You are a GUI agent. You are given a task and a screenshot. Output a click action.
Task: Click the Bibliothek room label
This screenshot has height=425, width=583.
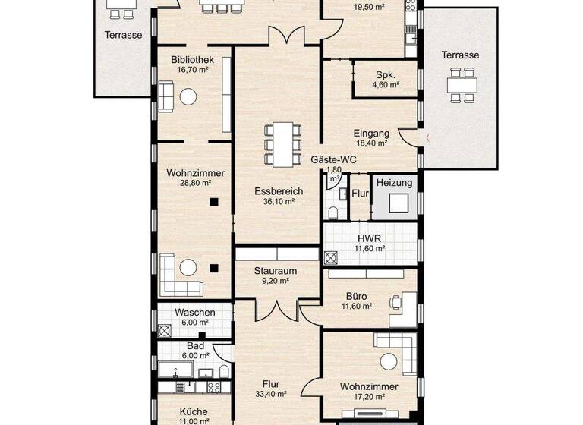[191, 60]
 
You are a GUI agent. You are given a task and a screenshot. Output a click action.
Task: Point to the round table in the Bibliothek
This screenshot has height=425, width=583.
[188, 96]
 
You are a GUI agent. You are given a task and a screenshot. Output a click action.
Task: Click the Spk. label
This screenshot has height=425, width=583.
[384, 75]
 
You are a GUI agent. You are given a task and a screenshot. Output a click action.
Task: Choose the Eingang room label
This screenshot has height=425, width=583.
[371, 132]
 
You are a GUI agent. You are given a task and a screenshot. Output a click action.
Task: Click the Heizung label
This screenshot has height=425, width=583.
[394, 183]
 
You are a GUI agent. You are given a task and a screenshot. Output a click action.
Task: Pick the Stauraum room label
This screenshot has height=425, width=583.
[274, 270]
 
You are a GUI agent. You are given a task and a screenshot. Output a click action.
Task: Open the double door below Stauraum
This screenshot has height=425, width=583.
[276, 310]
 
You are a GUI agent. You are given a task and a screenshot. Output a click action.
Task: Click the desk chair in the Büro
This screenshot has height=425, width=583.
[394, 301]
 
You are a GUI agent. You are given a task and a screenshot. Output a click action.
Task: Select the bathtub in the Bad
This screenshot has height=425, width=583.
[175, 370]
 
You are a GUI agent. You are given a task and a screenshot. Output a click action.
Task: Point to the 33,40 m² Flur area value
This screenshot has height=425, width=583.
[271, 394]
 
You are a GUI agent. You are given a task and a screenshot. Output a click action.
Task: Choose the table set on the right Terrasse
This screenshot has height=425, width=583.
[460, 84]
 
